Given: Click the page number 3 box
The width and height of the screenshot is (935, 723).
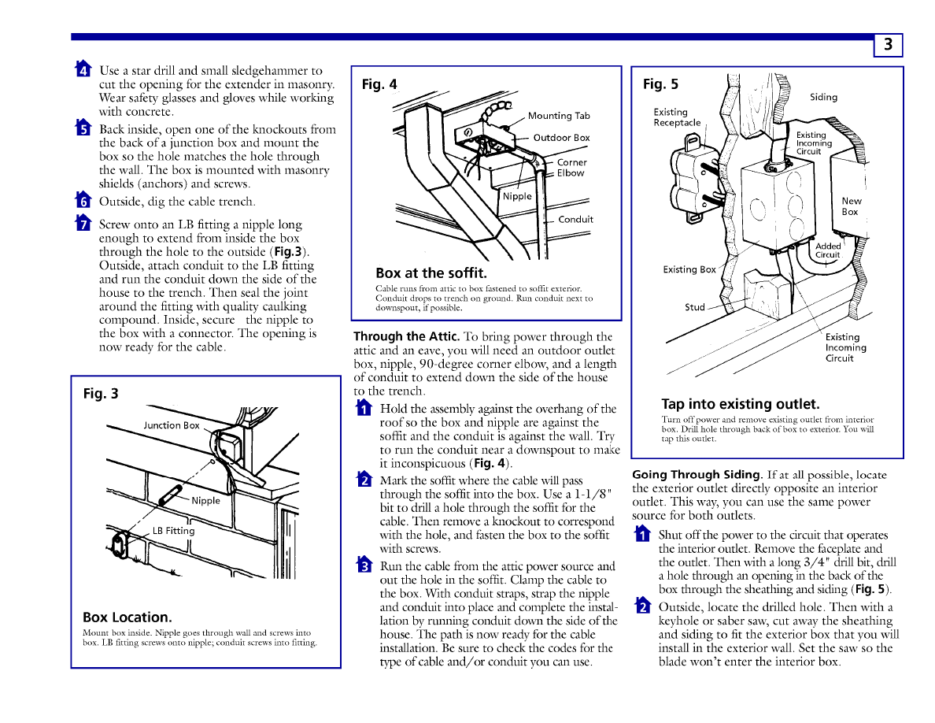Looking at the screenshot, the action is point(888,45).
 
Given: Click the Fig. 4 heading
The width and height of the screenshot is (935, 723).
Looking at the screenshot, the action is point(379,84).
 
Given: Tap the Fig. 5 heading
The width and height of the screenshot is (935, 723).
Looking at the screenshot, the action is point(660,84).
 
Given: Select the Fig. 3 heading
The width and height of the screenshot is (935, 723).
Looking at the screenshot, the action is point(101,394).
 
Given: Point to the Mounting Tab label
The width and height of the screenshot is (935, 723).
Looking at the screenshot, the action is point(559,116).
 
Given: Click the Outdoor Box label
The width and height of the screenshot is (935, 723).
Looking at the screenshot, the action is point(561,138).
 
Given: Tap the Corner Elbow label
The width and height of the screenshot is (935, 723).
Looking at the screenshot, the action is point(571,168).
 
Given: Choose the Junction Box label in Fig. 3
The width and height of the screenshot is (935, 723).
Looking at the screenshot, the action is point(171,425).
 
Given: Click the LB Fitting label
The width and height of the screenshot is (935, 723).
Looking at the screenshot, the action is point(173,531).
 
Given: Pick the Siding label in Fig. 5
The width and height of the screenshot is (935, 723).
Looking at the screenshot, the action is point(823,97).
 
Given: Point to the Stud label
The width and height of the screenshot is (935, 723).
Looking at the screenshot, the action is point(695,307).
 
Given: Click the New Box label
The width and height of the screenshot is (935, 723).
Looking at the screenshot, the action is point(852,206).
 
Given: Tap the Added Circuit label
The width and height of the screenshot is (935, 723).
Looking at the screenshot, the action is point(828,250).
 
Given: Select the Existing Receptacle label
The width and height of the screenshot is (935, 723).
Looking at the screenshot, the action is point(677,117).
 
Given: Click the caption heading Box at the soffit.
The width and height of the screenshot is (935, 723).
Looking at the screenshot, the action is point(431,273).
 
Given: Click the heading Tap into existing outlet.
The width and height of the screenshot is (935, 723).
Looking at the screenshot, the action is point(741,405).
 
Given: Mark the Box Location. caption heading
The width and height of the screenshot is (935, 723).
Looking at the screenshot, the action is point(128,617).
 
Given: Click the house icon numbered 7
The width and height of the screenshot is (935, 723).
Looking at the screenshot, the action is point(83,223).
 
